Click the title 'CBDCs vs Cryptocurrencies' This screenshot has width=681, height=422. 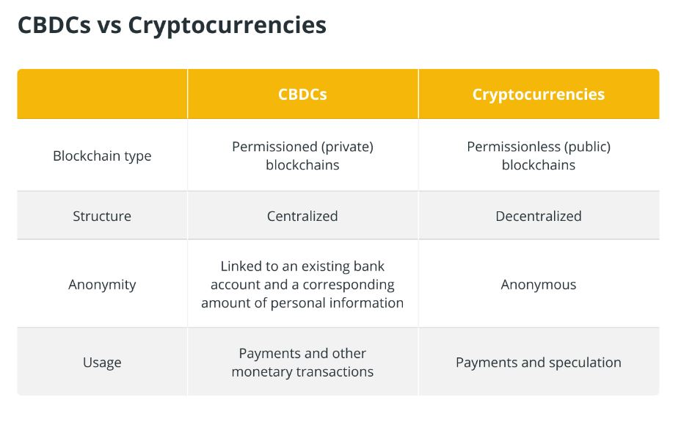pos(172,25)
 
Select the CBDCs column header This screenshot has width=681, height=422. pos(302,94)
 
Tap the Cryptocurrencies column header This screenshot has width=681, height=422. pos(539,94)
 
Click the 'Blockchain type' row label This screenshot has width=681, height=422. pos(102,156)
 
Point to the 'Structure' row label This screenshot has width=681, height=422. pos(102,216)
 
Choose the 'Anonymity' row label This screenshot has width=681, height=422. pos(102,285)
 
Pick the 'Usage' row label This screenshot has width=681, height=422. pos(102,363)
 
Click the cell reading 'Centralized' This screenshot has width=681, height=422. pos(302,216)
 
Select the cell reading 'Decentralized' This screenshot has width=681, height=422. pos(539,216)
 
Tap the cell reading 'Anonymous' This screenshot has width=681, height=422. pos(539,285)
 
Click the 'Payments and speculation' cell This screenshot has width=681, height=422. pos(539,363)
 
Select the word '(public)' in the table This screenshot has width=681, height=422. pos(587,148)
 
